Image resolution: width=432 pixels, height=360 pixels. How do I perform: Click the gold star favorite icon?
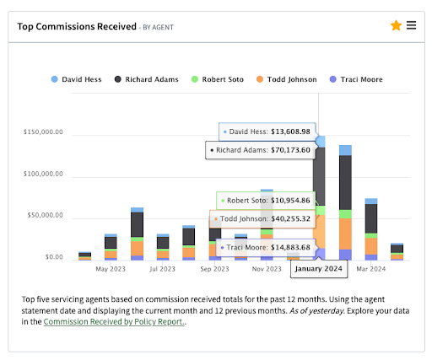[396, 25]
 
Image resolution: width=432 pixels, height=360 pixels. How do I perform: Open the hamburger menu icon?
[411, 25]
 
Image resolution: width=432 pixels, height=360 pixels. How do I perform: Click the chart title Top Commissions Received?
[77, 26]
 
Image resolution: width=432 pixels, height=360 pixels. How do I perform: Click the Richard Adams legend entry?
[148, 79]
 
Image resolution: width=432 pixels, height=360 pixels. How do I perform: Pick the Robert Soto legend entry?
[218, 79]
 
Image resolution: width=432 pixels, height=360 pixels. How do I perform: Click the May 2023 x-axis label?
[111, 269]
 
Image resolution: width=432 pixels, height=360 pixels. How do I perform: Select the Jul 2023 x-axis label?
[162, 269]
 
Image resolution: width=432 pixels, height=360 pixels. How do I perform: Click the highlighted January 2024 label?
[320, 269]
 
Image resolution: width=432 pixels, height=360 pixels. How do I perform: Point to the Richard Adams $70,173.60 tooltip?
[262, 150]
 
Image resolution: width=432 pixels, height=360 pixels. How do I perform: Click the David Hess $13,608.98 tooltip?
[268, 132]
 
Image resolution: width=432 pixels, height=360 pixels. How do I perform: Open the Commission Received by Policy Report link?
[114, 321]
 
